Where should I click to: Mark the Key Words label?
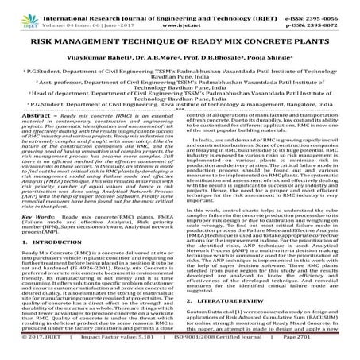click(24, 260)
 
